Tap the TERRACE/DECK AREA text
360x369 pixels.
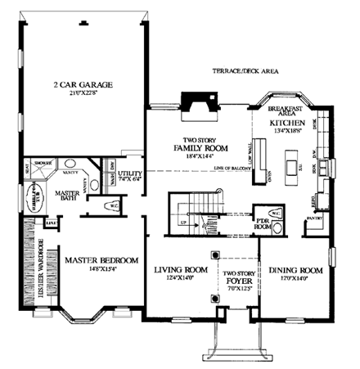(x=245, y=71)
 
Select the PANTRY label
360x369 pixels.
(x=312, y=218)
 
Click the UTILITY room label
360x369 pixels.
(x=130, y=173)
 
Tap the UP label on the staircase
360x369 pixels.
(x=182, y=222)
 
